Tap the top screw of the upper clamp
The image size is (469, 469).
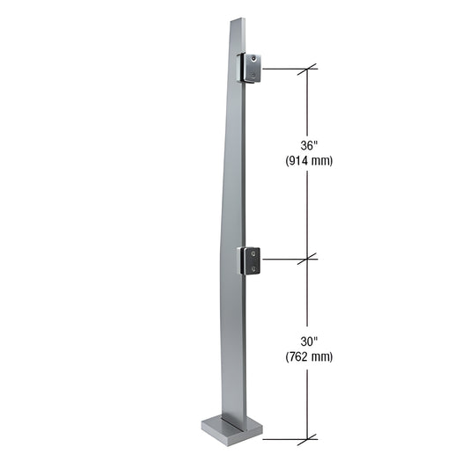tap(254, 59)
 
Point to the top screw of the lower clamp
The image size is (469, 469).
tap(254, 252)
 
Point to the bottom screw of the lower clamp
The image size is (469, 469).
tap(254, 267)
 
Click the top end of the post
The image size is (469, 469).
tap(236, 20)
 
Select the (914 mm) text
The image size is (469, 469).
tap(307, 161)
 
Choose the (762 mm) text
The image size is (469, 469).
tap(307, 356)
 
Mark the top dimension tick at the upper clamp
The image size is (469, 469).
tap(307, 68)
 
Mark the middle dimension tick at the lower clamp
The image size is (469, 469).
tap(307, 259)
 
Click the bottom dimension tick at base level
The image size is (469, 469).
tap(307, 438)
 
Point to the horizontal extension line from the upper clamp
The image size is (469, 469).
tap(282, 68)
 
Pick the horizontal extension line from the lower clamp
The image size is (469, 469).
tap(282, 259)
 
